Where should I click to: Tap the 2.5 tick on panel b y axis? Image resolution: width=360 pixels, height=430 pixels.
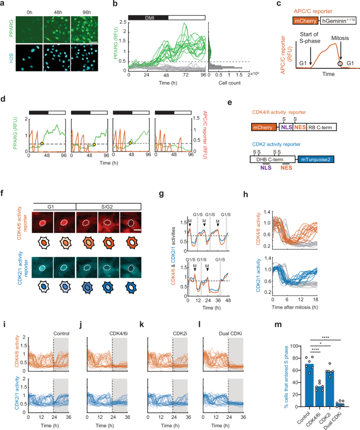coord(124,22)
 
